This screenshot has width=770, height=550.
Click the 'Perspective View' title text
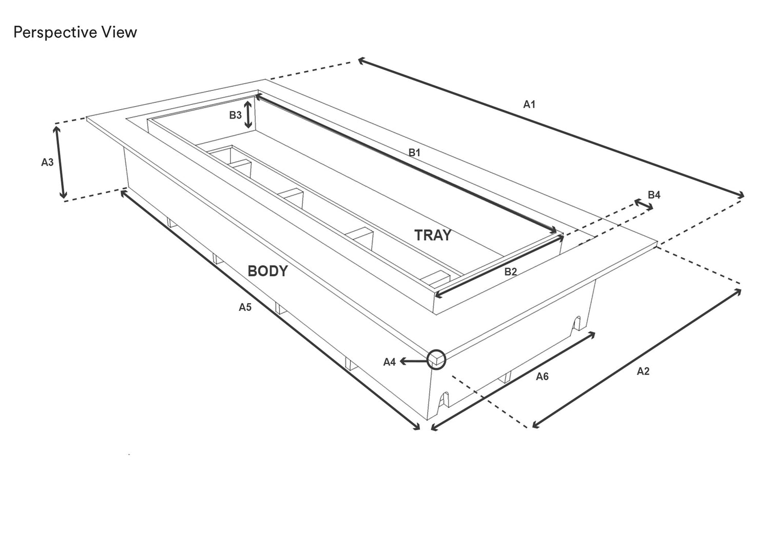pyautogui.click(x=75, y=33)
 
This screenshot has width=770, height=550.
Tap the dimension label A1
pyautogui.click(x=529, y=104)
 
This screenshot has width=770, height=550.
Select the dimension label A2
pyautogui.click(x=643, y=371)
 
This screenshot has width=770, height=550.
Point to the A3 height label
pyautogui.click(x=47, y=162)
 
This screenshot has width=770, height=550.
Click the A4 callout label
pyautogui.click(x=390, y=362)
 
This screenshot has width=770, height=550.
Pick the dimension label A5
pyautogui.click(x=245, y=307)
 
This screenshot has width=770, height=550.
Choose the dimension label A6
pyautogui.click(x=542, y=377)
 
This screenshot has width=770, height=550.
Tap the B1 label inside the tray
pyautogui.click(x=414, y=152)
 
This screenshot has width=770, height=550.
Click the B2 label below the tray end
pyautogui.click(x=510, y=272)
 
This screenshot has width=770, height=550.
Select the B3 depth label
pyautogui.click(x=236, y=115)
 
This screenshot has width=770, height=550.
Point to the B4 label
pyautogui.click(x=654, y=195)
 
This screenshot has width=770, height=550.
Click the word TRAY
pyautogui.click(x=432, y=235)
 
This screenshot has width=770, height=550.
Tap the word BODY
pyautogui.click(x=267, y=271)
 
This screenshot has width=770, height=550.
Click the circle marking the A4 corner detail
pyautogui.click(x=436, y=359)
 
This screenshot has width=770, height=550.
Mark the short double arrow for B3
pyautogui.click(x=248, y=114)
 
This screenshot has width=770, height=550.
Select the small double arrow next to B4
pyautogui.click(x=644, y=205)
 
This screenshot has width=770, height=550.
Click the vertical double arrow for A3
pyautogui.click(x=60, y=162)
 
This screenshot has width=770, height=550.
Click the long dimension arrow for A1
pyautogui.click(x=551, y=128)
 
